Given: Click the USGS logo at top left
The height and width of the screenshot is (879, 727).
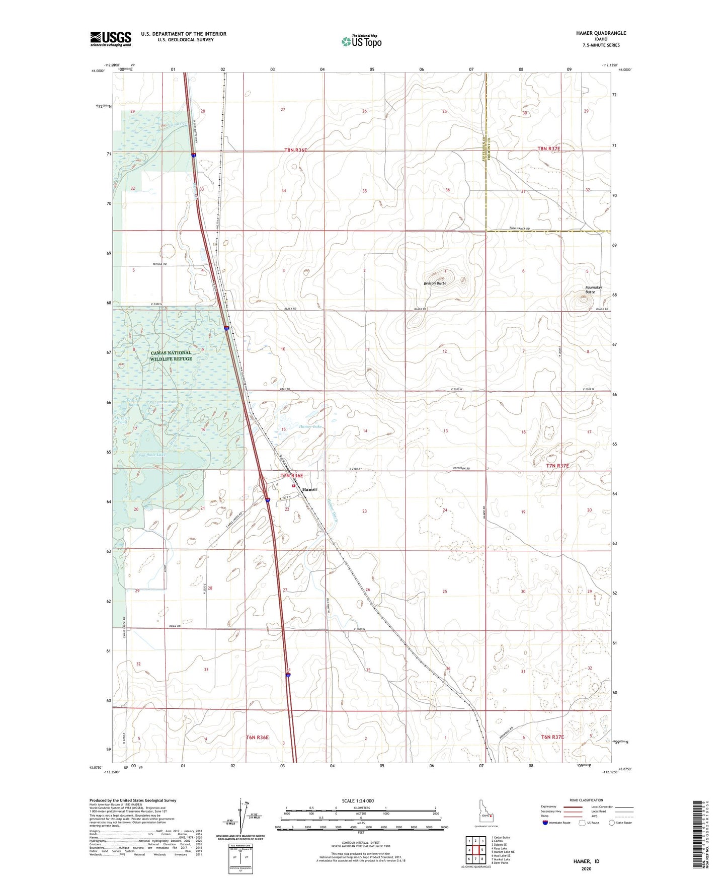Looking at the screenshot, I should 110,39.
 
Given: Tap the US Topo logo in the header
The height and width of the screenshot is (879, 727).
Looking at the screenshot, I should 361,41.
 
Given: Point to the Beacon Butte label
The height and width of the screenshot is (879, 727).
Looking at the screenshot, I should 435,283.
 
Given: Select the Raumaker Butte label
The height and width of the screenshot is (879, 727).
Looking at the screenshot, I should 594,289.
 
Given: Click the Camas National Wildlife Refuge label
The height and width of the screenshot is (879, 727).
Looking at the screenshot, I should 171,355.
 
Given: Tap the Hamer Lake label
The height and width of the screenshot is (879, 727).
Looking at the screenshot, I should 310,426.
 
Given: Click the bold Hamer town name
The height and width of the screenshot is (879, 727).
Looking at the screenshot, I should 310,489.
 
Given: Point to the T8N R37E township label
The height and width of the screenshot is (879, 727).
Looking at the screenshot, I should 548,149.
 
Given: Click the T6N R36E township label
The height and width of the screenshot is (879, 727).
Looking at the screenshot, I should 257,738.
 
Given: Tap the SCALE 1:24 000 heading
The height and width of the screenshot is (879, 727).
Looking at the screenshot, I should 358,800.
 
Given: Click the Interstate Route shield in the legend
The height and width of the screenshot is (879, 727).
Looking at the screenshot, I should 545,823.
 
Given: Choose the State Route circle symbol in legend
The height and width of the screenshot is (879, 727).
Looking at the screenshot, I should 612,823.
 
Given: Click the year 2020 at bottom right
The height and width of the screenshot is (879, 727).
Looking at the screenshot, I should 586,869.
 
